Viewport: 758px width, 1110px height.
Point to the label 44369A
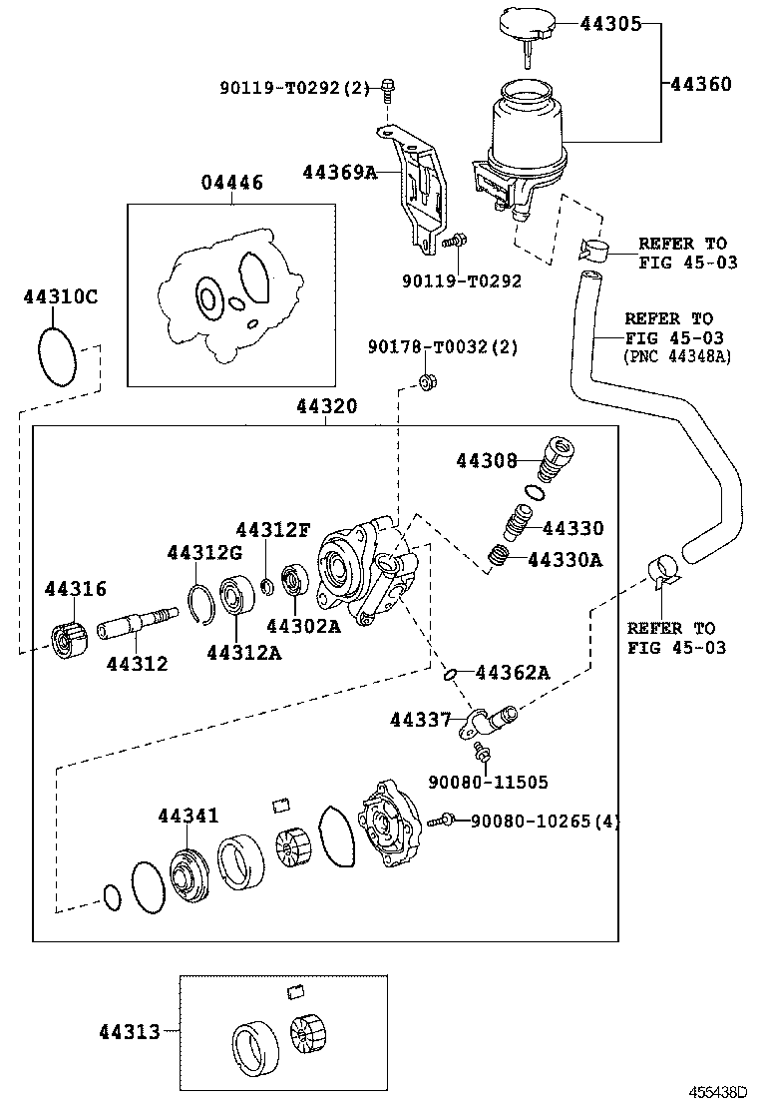pyautogui.click(x=339, y=173)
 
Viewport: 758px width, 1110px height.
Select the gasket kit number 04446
pyautogui.click(x=231, y=183)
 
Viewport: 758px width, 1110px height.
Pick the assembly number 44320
pyautogui.click(x=326, y=407)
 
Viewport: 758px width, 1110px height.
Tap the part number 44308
pyautogui.click(x=487, y=460)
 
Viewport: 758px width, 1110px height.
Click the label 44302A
pyautogui.click(x=303, y=626)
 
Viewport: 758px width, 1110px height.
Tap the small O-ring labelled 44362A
pyautogui.click(x=453, y=673)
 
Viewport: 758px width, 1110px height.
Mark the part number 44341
pyautogui.click(x=188, y=817)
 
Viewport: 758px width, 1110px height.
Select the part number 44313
pyautogui.click(x=130, y=1031)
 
